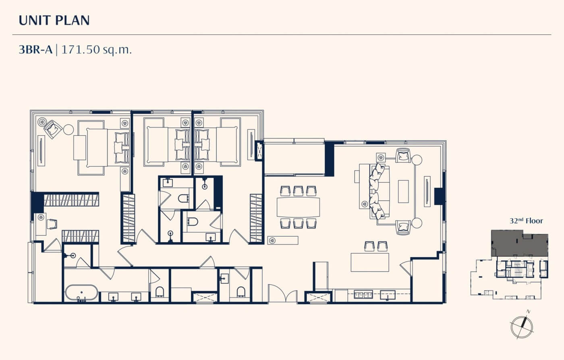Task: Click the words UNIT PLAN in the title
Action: [x=54, y=21]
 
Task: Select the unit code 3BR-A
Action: [x=35, y=50]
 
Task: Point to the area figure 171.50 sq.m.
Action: [x=96, y=50]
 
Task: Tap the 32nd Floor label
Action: [x=526, y=221]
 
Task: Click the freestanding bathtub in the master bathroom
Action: [x=81, y=293]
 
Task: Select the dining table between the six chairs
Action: [x=298, y=207]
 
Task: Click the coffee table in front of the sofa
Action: [x=403, y=191]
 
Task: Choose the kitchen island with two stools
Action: [x=370, y=262]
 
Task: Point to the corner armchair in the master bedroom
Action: [x=53, y=129]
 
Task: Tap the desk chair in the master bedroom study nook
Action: [x=52, y=224]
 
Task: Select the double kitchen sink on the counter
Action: [x=363, y=294]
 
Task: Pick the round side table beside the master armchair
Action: [x=68, y=129]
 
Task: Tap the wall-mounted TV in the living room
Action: [x=427, y=191]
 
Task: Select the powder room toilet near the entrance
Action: [x=241, y=292]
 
